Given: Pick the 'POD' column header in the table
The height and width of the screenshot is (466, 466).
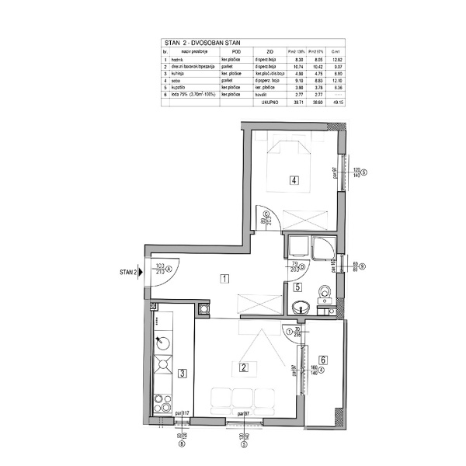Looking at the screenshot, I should tap(226, 52).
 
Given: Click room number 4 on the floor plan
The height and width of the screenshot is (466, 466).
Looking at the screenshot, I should tap(294, 181).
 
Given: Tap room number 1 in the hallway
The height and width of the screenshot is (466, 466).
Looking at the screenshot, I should tap(223, 278).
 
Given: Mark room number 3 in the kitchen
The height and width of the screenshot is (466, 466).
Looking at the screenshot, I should tap(181, 373).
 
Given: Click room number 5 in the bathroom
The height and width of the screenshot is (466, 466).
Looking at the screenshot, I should tap(297, 287).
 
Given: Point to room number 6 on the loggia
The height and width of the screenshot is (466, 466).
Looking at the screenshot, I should tap(323, 360).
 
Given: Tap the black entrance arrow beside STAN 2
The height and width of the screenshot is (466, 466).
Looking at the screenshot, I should tap(140, 273).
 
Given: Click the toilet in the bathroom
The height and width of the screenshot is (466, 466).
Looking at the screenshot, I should tap(325, 293).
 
